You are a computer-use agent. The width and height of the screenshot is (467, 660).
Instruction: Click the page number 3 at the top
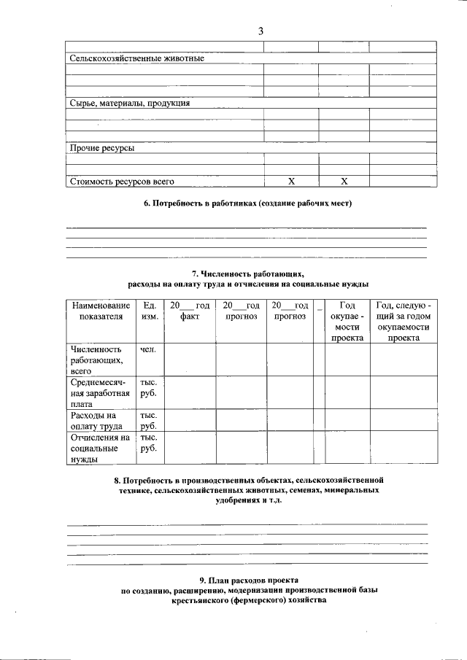[x=260, y=31]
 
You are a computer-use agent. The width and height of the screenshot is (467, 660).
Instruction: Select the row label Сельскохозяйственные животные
[x=136, y=58]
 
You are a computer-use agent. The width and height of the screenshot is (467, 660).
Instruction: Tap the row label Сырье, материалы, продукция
[x=130, y=104]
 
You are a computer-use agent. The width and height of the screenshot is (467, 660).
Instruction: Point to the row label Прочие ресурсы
[x=101, y=148]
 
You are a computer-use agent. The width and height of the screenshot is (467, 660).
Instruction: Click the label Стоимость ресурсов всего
[x=122, y=181]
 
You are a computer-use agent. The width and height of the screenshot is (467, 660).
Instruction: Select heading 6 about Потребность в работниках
[x=247, y=203]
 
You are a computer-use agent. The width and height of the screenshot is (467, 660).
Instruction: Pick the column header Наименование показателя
[x=101, y=311]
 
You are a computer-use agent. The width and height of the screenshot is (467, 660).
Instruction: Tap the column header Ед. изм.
[x=150, y=311]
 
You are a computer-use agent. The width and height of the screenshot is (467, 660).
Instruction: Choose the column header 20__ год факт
[x=189, y=311]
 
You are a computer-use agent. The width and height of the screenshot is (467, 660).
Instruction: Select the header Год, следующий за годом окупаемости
[x=404, y=322]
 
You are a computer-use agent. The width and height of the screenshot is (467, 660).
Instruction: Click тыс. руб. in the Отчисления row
[x=149, y=443]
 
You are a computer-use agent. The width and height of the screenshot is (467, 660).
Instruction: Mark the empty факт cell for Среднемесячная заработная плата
[x=190, y=393]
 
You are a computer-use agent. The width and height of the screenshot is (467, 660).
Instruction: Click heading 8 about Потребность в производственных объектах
[x=247, y=492]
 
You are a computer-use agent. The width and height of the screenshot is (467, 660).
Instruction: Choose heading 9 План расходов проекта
[x=247, y=590]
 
